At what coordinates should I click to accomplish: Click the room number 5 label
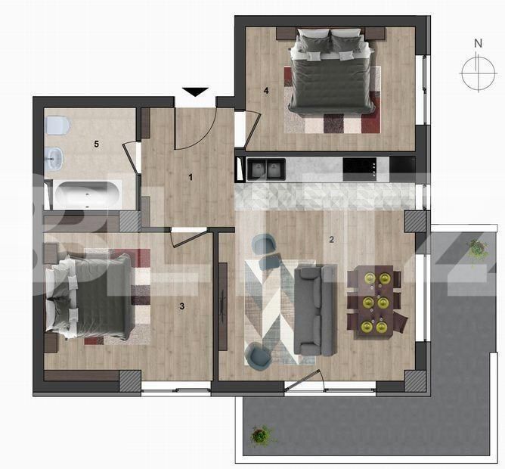pos(96,144)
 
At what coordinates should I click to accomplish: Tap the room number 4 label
pos(266,91)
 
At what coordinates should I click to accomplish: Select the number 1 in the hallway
pos(191,177)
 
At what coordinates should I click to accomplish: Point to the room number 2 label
pos(331,240)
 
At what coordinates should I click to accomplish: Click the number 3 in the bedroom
pos(182,306)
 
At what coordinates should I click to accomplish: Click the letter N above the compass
pos(479,43)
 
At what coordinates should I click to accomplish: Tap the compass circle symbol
pos(479,73)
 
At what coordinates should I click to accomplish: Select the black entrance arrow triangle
pos(195,92)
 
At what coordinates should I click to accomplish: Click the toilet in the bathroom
pos(58,126)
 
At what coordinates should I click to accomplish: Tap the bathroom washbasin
pos(54,159)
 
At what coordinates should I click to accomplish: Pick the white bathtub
pos(87,194)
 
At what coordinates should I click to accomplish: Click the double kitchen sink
pos(265,169)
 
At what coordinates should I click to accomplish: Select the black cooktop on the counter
pos(360,169)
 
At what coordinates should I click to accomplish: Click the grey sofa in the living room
pos(316,310)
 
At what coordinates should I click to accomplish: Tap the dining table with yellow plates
pos(374,303)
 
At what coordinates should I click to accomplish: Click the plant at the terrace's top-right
pos(477,248)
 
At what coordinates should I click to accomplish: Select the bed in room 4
pos(333,71)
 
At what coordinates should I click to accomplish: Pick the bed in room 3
pos(88,297)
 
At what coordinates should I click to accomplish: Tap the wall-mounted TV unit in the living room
pos(223,306)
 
